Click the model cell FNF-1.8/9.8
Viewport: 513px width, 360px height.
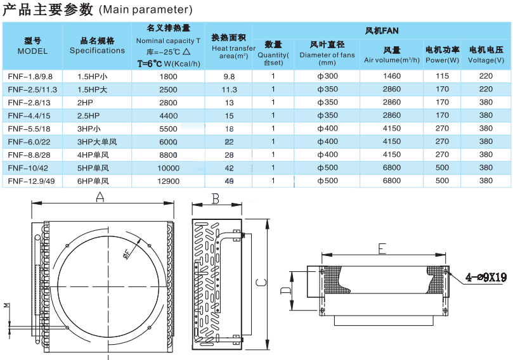[x=30, y=77]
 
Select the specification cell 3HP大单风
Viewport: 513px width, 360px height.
[x=97, y=142]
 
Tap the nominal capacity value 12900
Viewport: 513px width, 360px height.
[x=169, y=181]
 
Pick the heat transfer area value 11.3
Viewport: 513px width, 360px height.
[x=229, y=89]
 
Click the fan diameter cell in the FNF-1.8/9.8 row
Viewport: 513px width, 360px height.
[x=327, y=76]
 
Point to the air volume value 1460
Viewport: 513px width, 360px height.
[x=392, y=76]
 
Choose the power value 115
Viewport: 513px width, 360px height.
[x=442, y=76]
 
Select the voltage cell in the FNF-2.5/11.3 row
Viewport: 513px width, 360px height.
[x=486, y=89]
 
